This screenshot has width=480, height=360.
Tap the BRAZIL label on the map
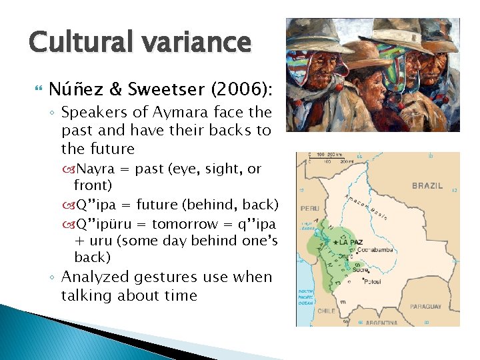click(427, 186)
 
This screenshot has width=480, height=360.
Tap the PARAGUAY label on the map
click(425, 307)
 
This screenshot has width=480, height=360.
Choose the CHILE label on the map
click(326, 311)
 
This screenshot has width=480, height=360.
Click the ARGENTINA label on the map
click(381, 322)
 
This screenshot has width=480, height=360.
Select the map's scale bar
click(331, 159)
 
